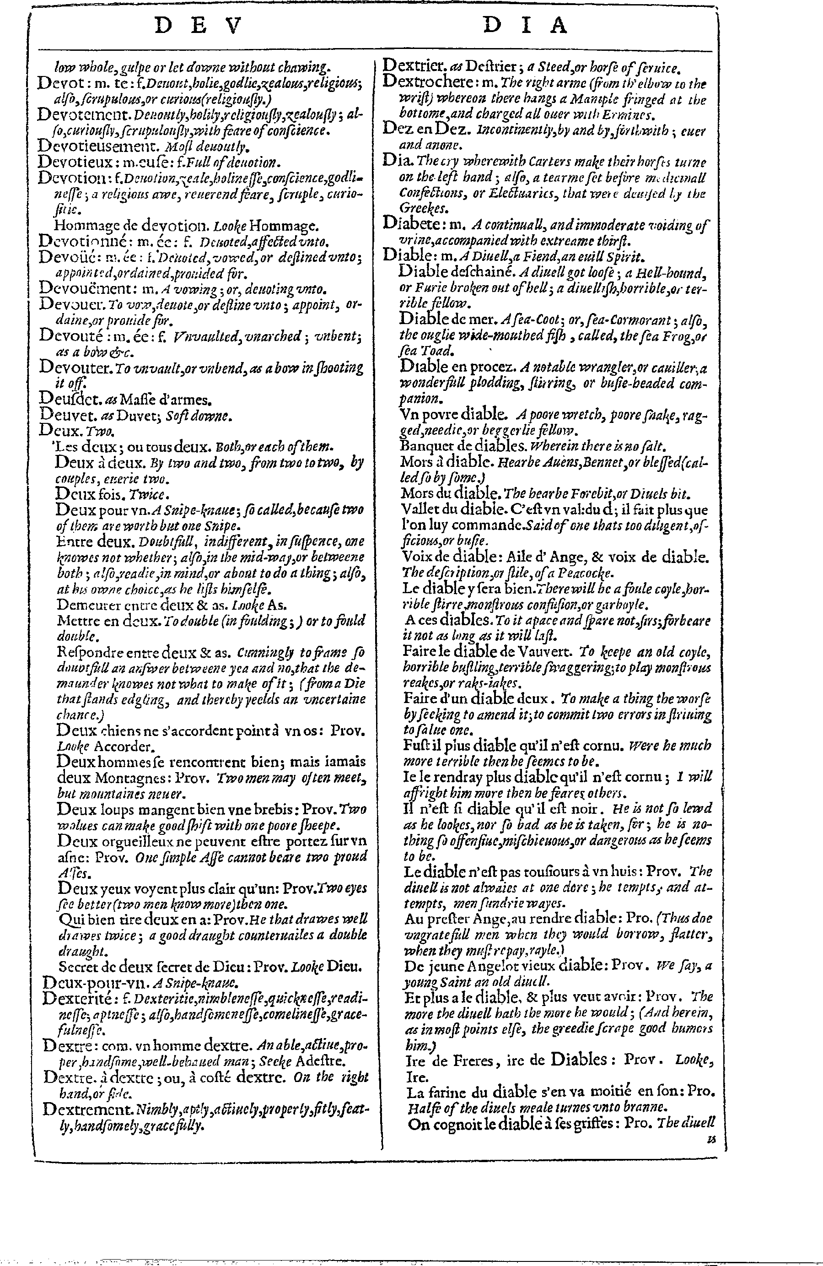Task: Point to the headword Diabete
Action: click(x=409, y=224)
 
